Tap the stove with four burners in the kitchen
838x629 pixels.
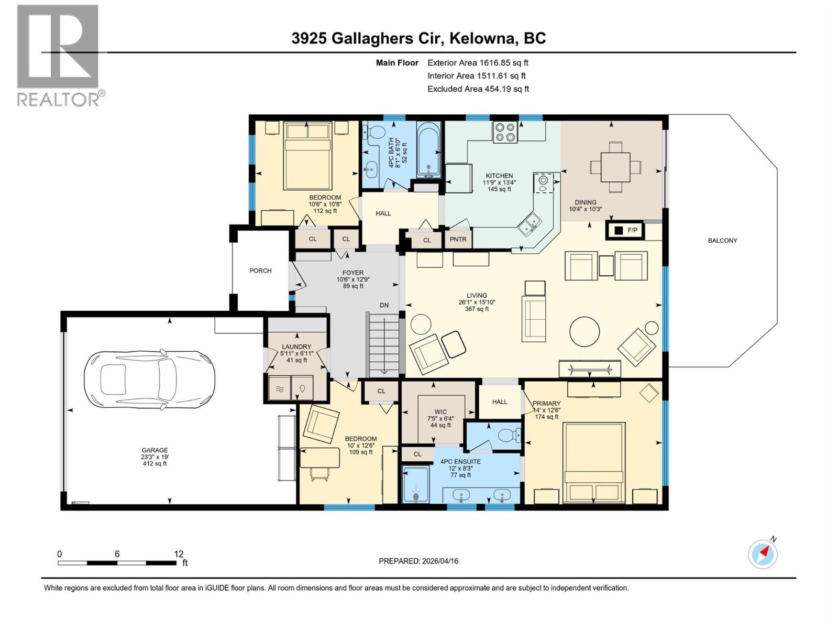click(x=505, y=132)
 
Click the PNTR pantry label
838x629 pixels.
click(x=458, y=240)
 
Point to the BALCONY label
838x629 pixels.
click(x=722, y=241)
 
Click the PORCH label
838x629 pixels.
click(x=260, y=271)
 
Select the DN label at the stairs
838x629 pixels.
click(x=384, y=305)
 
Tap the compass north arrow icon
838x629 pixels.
click(x=763, y=554)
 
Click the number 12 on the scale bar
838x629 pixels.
click(x=179, y=554)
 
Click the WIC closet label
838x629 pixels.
click(x=440, y=412)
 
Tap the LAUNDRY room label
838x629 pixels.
click(x=296, y=347)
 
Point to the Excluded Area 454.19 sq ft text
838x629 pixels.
click(x=478, y=89)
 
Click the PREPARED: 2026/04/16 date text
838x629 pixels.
click(x=418, y=561)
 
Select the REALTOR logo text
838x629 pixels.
click(x=59, y=100)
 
